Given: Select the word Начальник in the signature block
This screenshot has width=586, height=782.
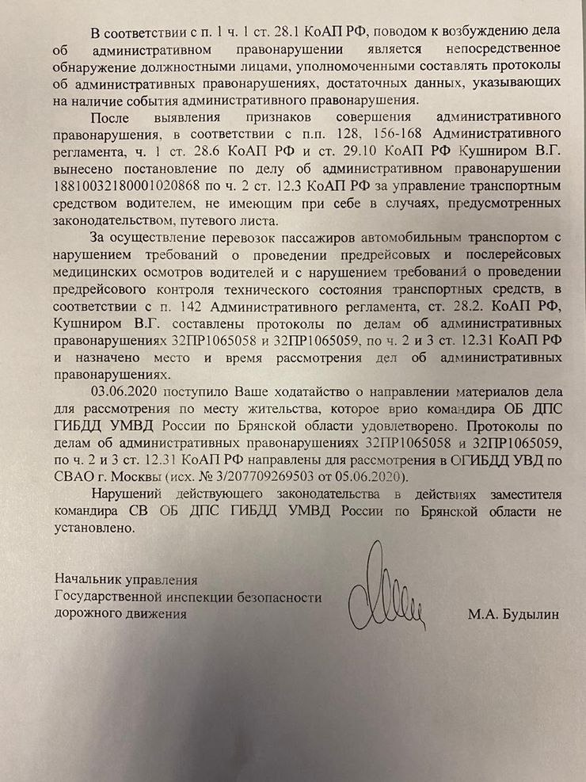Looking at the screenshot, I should (x=86, y=579).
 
